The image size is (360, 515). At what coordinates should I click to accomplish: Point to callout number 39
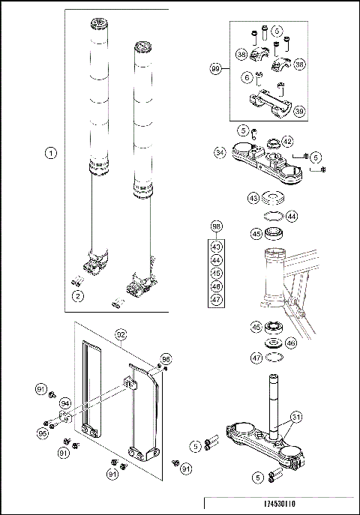click(299, 111)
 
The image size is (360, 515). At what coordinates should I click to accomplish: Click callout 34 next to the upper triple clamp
click(219, 151)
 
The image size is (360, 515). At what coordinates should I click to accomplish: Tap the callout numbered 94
click(65, 403)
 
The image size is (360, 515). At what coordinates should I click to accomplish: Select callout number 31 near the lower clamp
click(297, 418)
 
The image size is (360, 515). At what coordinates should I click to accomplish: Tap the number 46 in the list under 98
click(216, 286)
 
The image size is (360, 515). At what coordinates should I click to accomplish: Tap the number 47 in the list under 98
click(216, 300)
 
